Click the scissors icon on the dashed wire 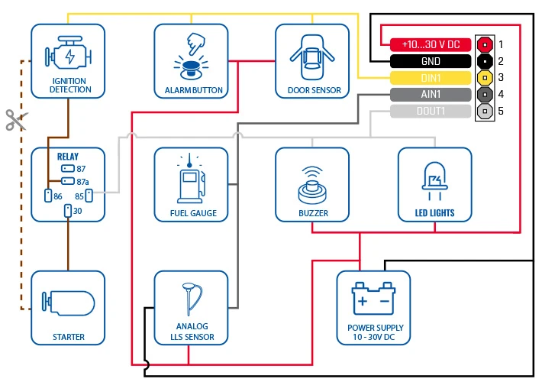(15, 119)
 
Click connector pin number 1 (482, 44)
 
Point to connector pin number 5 (482, 112)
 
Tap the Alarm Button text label (194, 90)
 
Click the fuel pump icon (190, 182)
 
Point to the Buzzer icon (313, 182)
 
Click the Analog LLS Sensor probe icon (191, 301)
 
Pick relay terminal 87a (68, 181)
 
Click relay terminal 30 (67, 210)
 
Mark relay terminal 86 (47, 196)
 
